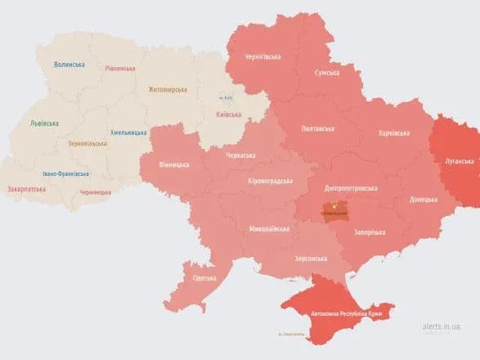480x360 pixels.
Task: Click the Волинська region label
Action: [70, 64]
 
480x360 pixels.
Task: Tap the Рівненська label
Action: [120, 69]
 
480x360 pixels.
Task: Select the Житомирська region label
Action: [168, 89]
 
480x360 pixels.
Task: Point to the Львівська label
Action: [44, 123]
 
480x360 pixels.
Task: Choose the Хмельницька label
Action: [128, 133]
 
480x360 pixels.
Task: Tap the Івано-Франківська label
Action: [66, 173]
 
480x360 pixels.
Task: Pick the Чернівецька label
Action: [96, 191]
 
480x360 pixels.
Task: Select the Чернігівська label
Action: [263, 57]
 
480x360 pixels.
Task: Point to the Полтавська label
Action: [317, 128]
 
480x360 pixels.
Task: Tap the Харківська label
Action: [395, 133]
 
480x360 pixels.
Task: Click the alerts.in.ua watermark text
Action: [441, 326]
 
